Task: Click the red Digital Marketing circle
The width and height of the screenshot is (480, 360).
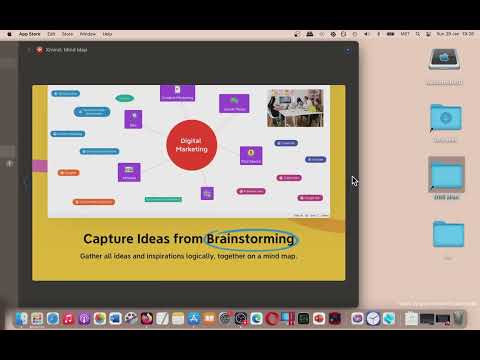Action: click(x=191, y=145)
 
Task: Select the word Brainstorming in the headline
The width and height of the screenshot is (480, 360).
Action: click(x=251, y=239)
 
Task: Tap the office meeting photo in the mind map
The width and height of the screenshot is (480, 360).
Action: click(x=295, y=108)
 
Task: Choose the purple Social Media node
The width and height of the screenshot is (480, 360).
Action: click(x=234, y=103)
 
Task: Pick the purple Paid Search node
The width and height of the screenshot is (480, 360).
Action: click(x=250, y=155)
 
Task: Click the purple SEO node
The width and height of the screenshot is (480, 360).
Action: click(x=133, y=119)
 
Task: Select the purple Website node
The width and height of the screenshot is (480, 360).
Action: click(x=129, y=172)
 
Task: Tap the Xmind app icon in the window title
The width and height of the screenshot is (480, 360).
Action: click(x=40, y=49)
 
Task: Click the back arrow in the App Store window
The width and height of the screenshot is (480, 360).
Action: click(x=29, y=49)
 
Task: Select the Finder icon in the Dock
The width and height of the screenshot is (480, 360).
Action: click(x=22, y=319)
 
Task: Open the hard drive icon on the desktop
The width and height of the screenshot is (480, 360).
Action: click(x=444, y=62)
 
